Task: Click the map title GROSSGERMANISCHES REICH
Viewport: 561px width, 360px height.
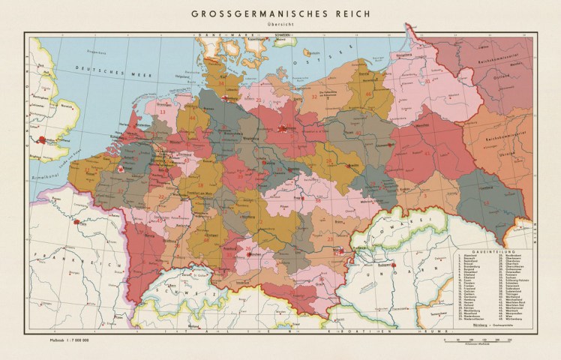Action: (281, 13)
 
